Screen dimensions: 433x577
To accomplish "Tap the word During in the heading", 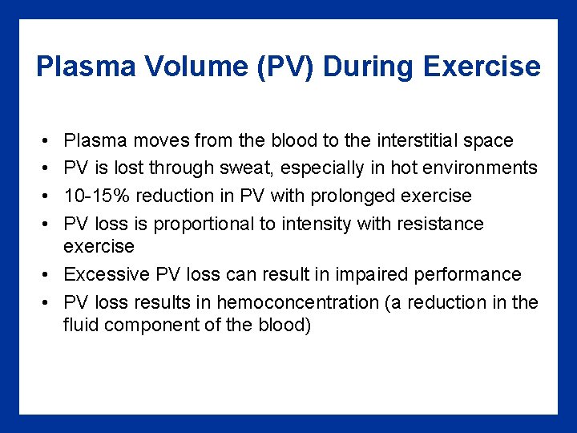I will coord(369,66).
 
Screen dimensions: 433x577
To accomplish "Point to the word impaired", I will coord(370,274).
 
